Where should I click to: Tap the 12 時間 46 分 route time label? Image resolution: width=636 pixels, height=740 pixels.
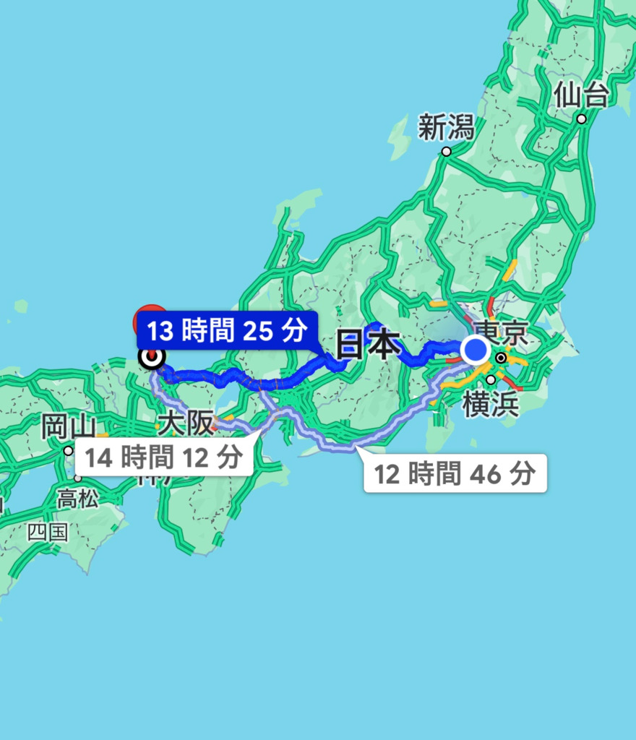(455, 474)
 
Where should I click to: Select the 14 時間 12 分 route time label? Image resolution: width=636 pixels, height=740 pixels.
(163, 457)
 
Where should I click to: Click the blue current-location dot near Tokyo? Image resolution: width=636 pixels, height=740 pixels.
(475, 350)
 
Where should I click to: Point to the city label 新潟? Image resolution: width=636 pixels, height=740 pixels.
(446, 129)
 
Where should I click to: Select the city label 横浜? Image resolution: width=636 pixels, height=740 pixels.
(491, 405)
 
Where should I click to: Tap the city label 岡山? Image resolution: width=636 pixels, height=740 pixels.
(69, 426)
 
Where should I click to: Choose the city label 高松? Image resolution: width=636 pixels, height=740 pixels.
(77, 498)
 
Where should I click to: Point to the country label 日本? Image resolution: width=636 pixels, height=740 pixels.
(369, 346)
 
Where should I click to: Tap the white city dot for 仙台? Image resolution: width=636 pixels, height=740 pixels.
(582, 119)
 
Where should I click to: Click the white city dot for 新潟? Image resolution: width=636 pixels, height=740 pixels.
(446, 152)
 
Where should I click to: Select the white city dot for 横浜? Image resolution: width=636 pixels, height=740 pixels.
(491, 380)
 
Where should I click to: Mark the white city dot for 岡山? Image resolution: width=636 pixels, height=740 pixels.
(68, 451)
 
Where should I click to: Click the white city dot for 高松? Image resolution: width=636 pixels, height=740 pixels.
(77, 478)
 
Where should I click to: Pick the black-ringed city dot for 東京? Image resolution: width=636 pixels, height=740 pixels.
(501, 357)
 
